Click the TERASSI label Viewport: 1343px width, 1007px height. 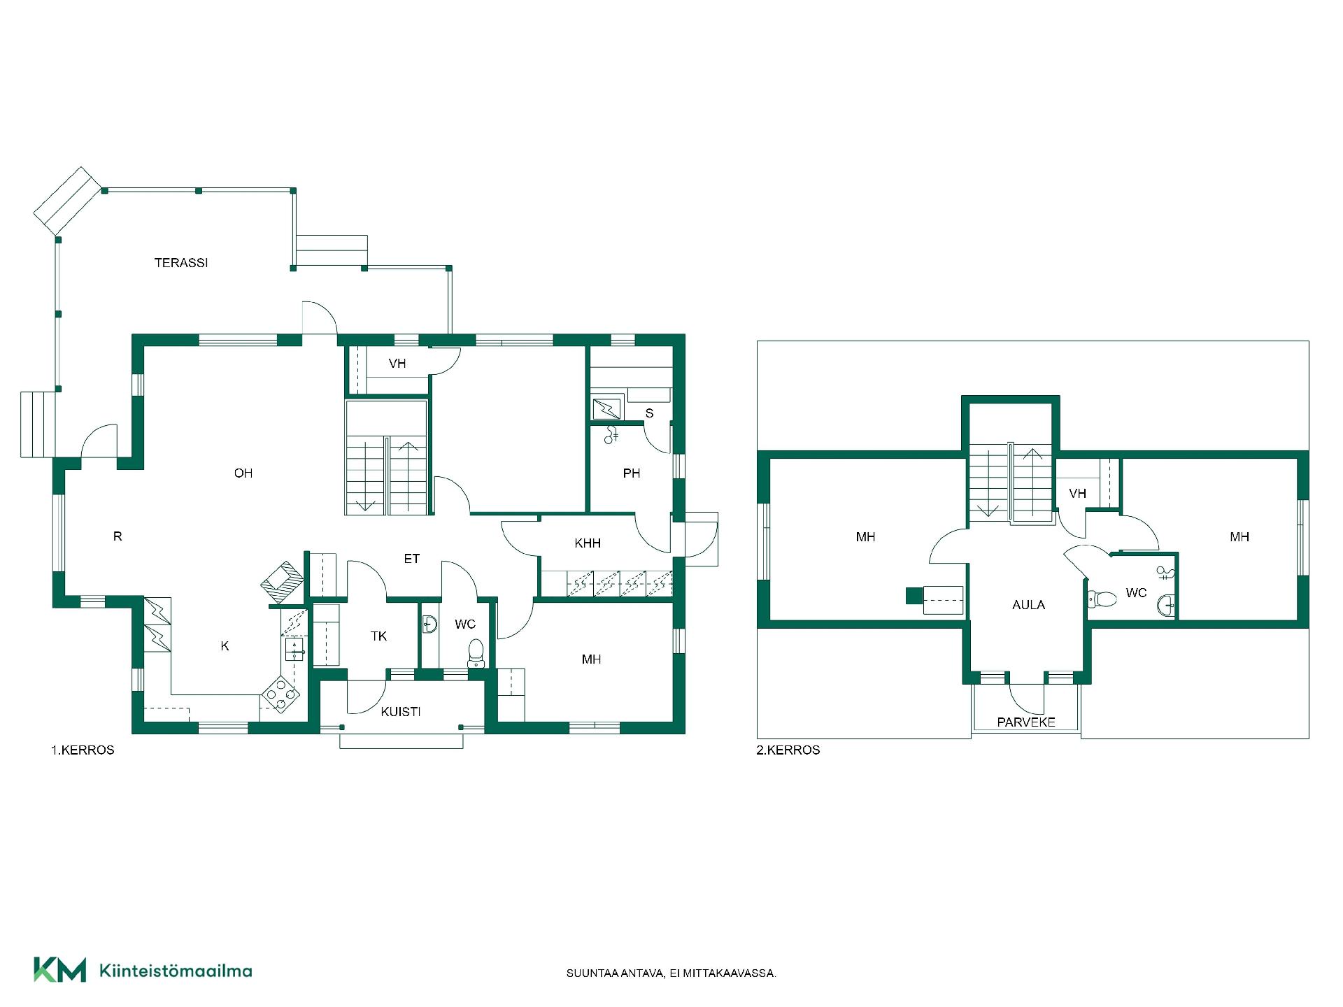[x=181, y=263]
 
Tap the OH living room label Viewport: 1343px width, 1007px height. [x=243, y=473]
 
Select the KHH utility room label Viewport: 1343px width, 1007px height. [x=588, y=543]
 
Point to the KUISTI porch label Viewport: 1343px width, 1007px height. [x=401, y=712]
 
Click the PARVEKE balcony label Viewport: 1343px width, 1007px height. [x=1026, y=722]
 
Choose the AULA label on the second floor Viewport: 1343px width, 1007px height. [x=1029, y=605]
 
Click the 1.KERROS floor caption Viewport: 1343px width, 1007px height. [x=83, y=750]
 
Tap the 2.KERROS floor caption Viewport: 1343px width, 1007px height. [x=788, y=750]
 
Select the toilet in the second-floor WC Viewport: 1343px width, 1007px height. [x=1102, y=599]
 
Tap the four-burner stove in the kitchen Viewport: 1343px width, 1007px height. [x=280, y=694]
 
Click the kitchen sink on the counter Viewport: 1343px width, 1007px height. [x=294, y=648]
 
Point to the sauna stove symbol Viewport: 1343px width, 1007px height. [x=606, y=408]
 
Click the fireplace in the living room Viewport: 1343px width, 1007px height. [x=283, y=582]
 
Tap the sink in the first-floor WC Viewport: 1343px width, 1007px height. [x=429, y=624]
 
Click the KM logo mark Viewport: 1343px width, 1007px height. [x=60, y=970]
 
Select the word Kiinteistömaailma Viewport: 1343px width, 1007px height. [x=176, y=971]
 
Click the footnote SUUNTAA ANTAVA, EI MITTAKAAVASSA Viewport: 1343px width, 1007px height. [x=671, y=973]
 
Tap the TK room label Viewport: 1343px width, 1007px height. [x=378, y=636]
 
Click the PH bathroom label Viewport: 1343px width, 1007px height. [x=632, y=473]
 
